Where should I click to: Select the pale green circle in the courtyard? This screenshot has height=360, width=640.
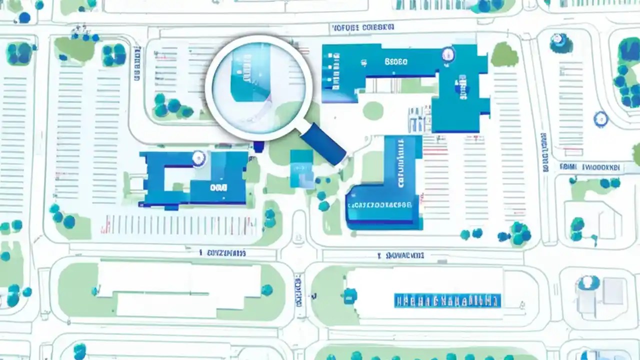(x=372, y=110)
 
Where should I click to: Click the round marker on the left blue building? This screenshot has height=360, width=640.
(x=198, y=158)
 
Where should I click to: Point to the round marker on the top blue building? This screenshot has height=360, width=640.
(x=447, y=53)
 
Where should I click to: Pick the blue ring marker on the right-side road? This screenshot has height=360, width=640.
(x=600, y=119)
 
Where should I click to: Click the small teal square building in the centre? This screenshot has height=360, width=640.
(x=301, y=163)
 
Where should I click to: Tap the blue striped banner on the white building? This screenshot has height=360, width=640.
(x=447, y=300)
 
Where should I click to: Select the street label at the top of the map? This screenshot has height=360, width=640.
(x=363, y=27)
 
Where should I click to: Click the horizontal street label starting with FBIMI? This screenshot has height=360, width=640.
(x=590, y=167)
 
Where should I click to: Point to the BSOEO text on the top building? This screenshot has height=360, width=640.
(x=396, y=62)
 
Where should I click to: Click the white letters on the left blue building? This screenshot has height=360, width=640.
(x=219, y=187)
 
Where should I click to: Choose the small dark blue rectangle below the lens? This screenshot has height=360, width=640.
(x=258, y=146)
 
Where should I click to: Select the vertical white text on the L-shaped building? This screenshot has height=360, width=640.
(x=400, y=162)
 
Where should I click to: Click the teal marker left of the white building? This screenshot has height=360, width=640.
(x=350, y=295)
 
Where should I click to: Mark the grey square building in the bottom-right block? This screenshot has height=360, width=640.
(x=613, y=291)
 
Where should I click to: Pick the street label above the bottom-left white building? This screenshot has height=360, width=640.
(x=222, y=253)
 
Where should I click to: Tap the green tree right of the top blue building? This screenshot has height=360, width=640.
(x=504, y=54)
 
